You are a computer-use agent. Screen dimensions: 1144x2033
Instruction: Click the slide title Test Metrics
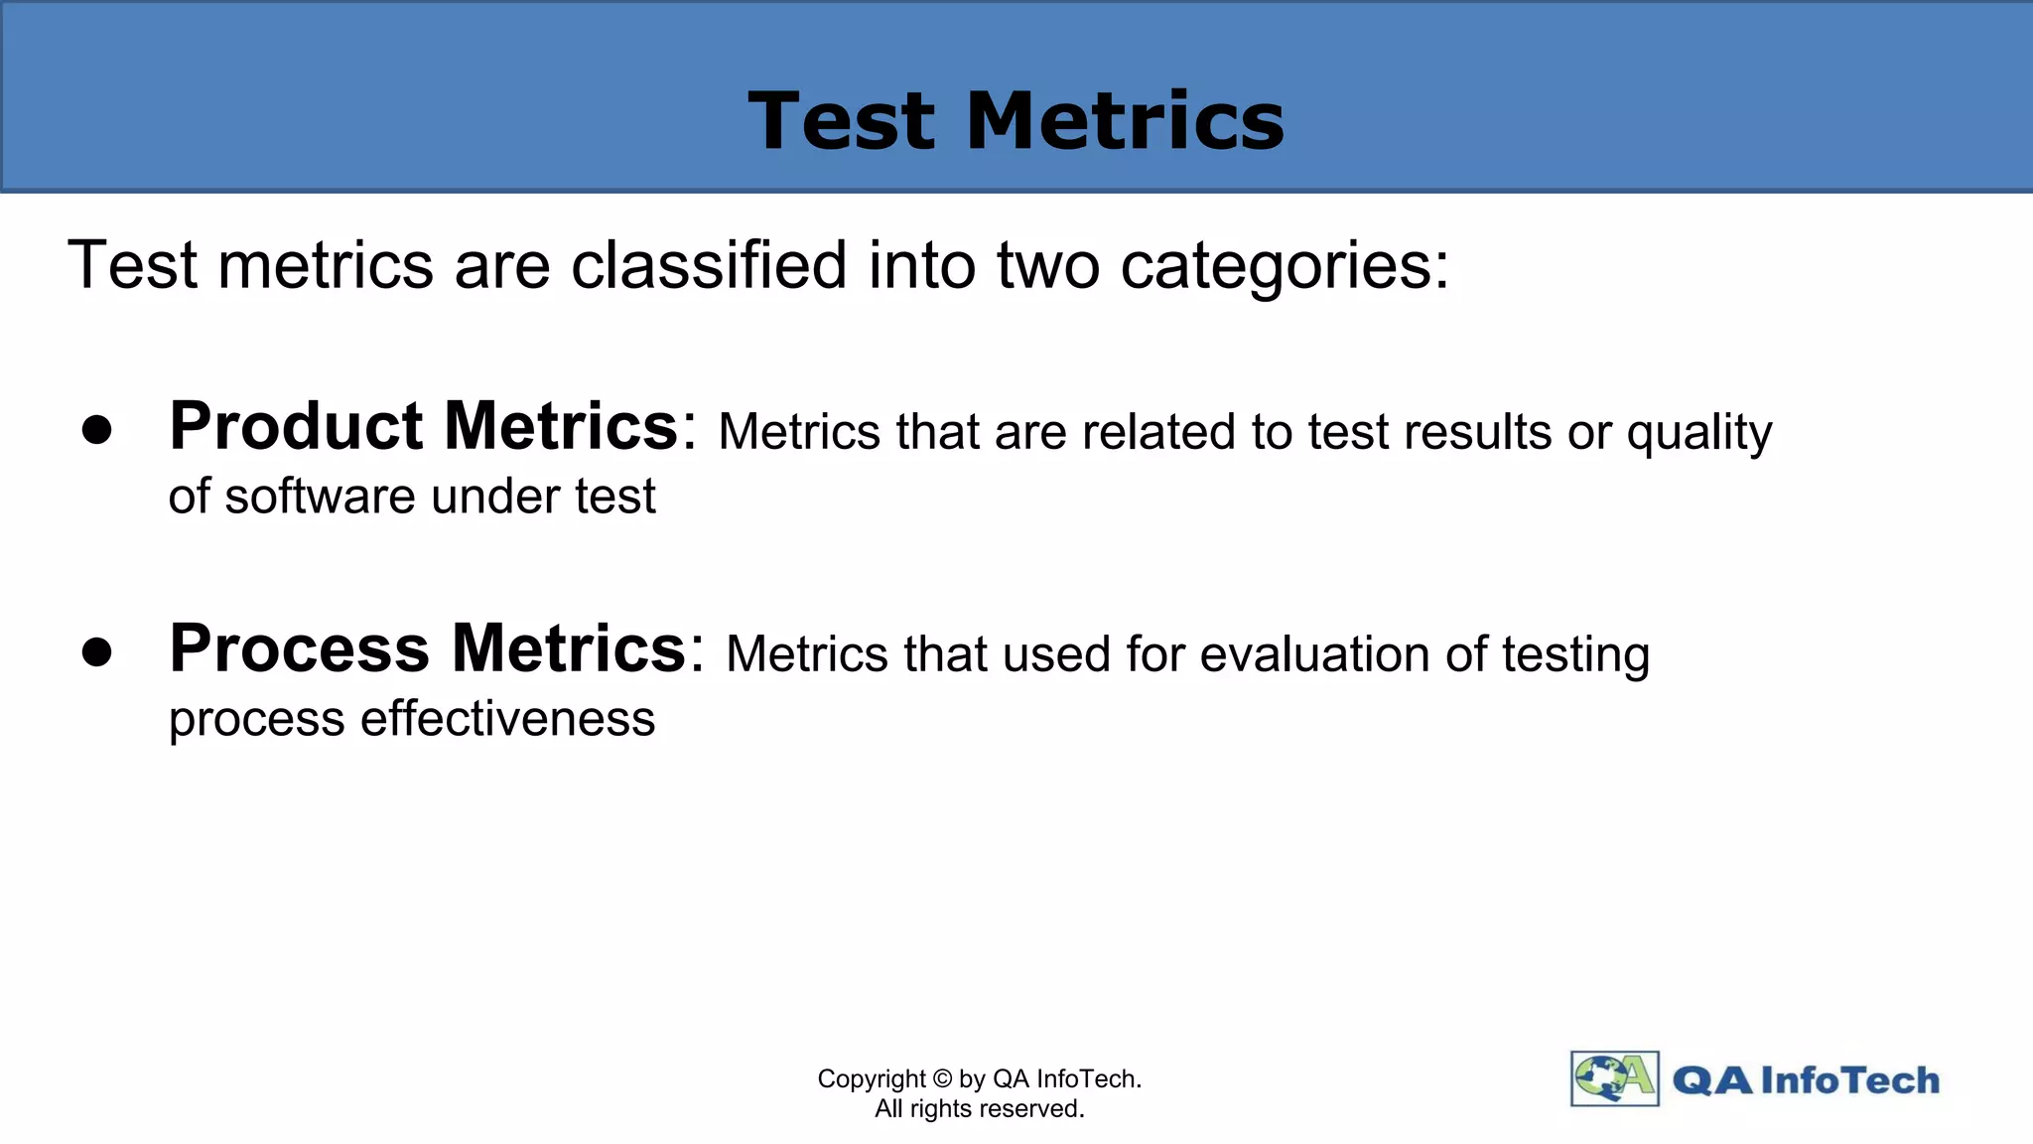point(1016,121)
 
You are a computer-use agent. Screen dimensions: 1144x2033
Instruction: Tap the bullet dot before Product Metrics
point(97,430)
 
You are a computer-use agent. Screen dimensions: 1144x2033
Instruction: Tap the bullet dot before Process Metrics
point(97,652)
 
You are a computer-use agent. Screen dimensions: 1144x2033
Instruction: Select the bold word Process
point(299,649)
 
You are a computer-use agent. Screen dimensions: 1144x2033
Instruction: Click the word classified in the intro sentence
point(709,265)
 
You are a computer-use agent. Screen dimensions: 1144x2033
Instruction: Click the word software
point(319,496)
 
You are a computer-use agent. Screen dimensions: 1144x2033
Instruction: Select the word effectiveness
point(507,718)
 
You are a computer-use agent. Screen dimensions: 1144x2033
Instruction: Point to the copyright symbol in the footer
point(942,1079)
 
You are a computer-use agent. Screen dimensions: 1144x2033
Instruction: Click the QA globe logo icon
point(1614,1078)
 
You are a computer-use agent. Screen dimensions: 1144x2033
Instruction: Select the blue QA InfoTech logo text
point(1806,1080)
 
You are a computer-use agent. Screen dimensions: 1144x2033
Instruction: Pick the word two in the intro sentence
point(1048,265)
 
